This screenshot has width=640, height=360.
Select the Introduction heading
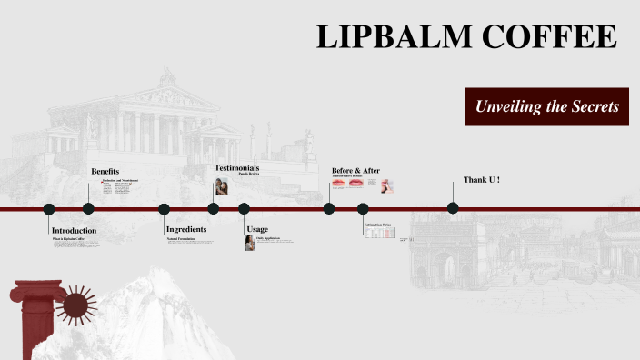point(74,231)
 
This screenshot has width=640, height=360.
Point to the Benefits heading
point(105,172)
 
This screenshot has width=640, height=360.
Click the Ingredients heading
point(186,229)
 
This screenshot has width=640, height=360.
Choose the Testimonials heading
point(236,168)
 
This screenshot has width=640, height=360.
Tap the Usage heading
point(257,230)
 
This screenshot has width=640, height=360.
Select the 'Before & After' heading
point(355,171)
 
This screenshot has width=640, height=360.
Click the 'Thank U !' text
point(482,180)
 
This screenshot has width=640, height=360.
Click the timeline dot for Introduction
point(49,209)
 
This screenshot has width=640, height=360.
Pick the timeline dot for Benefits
point(88,209)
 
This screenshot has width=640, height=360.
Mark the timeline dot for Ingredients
point(165,209)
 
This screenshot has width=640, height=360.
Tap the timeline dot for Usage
point(244,209)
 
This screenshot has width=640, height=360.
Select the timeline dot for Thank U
point(453,208)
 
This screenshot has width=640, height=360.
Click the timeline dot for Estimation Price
point(363,209)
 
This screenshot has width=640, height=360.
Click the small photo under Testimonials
point(221,186)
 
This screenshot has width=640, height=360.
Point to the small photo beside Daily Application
point(250,243)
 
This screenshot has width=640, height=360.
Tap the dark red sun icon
point(75,305)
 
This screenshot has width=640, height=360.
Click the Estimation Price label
point(377,224)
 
